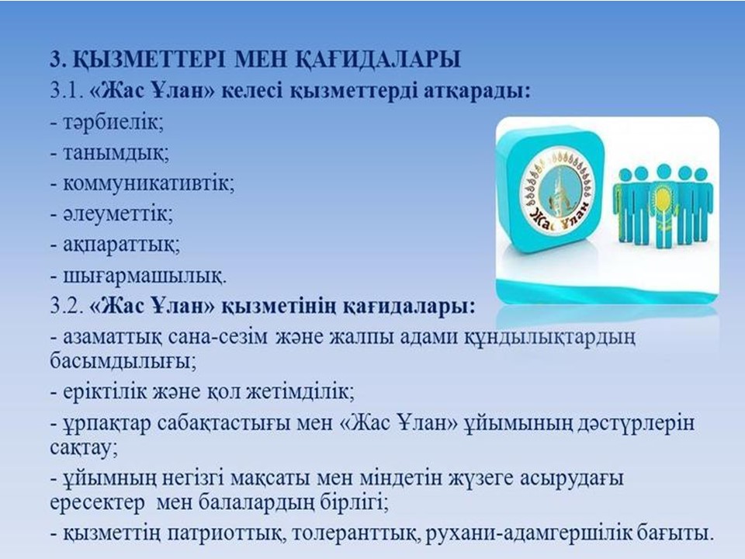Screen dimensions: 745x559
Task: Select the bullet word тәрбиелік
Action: tap(113, 123)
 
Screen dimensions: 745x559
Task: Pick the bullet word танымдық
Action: tap(116, 153)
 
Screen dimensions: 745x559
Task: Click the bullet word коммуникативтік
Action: tap(149, 183)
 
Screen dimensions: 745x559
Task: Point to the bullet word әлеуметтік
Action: tap(118, 214)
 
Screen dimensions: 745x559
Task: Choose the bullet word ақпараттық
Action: tap(122, 245)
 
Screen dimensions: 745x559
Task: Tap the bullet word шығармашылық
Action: tap(145, 276)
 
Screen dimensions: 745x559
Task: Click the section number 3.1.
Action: tap(67, 91)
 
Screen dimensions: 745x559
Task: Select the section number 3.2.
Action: tap(67, 306)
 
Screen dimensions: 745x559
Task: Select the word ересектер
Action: tap(98, 502)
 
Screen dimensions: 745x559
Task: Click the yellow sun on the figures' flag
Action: tap(662, 194)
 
